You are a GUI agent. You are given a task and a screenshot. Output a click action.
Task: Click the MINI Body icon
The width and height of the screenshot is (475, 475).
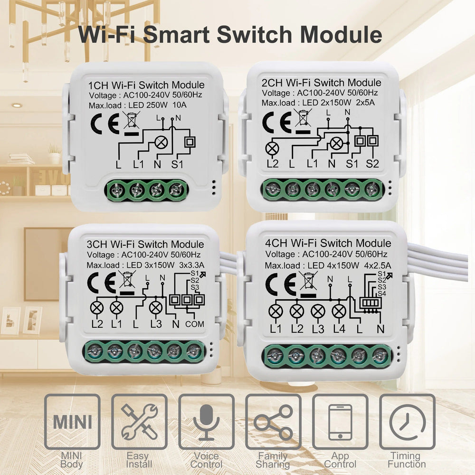coord(72,422)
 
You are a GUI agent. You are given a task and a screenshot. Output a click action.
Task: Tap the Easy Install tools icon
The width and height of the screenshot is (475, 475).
coord(139,422)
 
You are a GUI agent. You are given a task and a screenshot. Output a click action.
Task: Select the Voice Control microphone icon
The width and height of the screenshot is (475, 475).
coord(206,422)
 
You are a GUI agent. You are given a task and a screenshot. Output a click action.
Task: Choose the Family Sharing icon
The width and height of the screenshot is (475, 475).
coord(273,422)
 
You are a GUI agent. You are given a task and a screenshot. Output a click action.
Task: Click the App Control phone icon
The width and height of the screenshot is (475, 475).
coord(340,422)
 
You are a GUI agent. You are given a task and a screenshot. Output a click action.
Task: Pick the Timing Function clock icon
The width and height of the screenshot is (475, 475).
coord(407,422)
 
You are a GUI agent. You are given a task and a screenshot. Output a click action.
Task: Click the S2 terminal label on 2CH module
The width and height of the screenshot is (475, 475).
coord(373,164)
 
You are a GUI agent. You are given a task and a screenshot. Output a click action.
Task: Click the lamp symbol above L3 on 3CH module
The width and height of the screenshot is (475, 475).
coord(156,308)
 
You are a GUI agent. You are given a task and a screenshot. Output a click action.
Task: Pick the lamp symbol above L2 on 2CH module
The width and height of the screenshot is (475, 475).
coord(273,149)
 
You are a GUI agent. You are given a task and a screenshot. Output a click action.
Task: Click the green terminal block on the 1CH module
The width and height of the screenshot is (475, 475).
coord(147,191)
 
